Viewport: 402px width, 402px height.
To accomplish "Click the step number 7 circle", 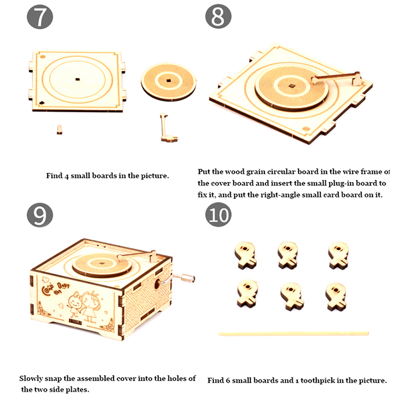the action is pos(40,17).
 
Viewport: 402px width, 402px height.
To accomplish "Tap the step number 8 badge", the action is pos(218,16).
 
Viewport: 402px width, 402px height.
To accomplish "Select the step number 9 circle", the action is pos(40,215).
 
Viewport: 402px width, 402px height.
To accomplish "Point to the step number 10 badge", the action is pos(218,215).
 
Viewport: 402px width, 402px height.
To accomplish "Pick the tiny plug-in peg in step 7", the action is pos(59,130).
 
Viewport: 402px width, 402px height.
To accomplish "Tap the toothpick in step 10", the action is pos(293,334).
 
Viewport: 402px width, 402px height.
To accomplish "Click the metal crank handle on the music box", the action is pos(177,279).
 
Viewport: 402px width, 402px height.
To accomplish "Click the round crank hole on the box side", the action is pos(157,283).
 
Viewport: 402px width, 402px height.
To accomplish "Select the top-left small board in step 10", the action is pos(245,255).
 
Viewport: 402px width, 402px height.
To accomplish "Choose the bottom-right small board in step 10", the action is pos(336,296).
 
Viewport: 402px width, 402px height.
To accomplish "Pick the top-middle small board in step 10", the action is pos(288,255).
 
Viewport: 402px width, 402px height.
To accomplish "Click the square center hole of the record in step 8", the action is pos(291,86).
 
